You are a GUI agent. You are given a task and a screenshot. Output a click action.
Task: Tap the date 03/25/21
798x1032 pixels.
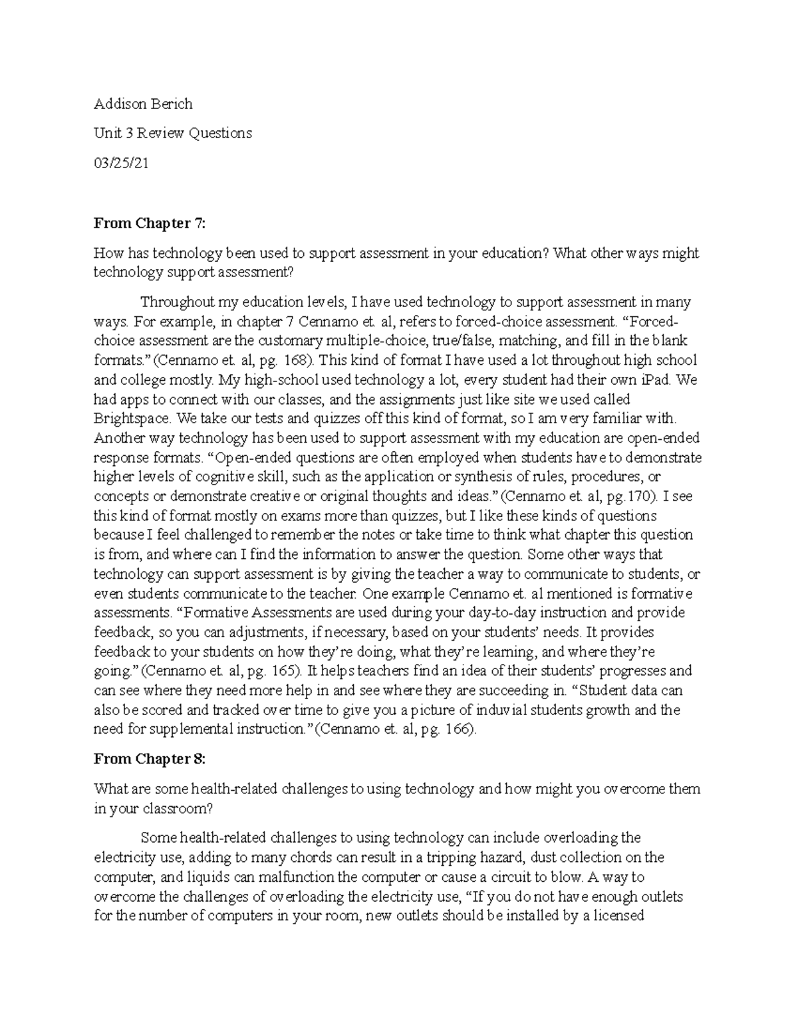(x=120, y=163)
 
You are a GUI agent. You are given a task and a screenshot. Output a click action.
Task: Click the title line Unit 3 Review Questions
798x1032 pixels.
(x=173, y=133)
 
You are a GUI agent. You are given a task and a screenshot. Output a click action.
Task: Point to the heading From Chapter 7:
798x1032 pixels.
(x=150, y=223)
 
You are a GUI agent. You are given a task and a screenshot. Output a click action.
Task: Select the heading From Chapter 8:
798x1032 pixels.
(x=150, y=759)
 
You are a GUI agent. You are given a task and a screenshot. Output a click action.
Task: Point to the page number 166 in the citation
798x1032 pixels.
(x=459, y=729)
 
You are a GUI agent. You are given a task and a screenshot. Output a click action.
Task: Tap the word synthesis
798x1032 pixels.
(x=470, y=476)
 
